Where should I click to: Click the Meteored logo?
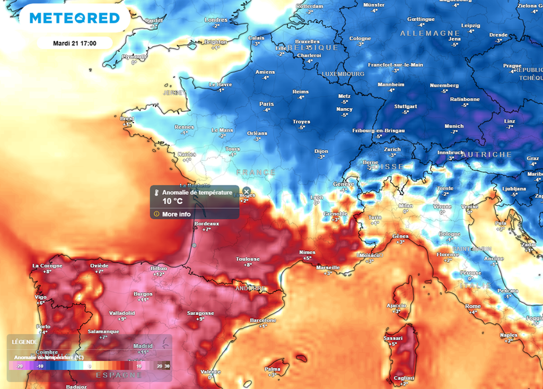click(74, 18)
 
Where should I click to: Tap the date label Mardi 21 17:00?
click(74, 43)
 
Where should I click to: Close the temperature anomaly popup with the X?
click(246, 192)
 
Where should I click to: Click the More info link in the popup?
click(176, 214)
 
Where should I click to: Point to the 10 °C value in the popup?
click(172, 201)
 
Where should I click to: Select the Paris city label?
click(266, 104)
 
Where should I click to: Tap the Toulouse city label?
click(248, 259)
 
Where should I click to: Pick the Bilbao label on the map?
click(159, 269)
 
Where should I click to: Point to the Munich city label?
click(454, 126)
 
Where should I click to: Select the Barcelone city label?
click(263, 320)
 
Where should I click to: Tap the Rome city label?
click(472, 306)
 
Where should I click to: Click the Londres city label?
click(215, 20)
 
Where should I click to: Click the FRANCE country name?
click(256, 172)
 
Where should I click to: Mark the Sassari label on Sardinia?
click(393, 338)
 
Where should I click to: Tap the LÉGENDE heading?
click(24, 342)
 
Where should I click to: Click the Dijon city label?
click(321, 151)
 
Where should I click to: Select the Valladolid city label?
click(121, 313)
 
